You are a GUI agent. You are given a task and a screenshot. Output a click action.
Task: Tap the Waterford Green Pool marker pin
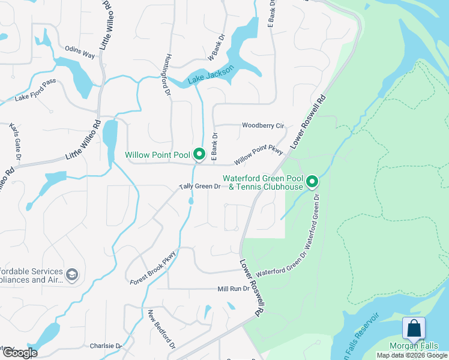312,181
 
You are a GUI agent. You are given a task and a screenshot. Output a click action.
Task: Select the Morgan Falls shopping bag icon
414,329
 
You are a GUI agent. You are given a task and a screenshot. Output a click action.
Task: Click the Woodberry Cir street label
262,125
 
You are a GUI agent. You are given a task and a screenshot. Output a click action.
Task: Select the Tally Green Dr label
200,187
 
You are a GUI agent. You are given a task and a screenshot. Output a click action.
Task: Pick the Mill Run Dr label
233,289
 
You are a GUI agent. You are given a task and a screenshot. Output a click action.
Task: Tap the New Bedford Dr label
161,329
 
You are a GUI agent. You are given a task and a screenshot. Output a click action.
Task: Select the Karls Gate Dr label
16,141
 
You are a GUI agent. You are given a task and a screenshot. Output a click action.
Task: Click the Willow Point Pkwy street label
259,155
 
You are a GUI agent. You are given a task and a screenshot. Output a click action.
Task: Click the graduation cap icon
72,275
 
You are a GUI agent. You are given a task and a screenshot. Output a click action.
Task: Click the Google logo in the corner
19,353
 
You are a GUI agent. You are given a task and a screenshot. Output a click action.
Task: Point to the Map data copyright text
412,355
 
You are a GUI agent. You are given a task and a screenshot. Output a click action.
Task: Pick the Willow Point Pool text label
158,155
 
